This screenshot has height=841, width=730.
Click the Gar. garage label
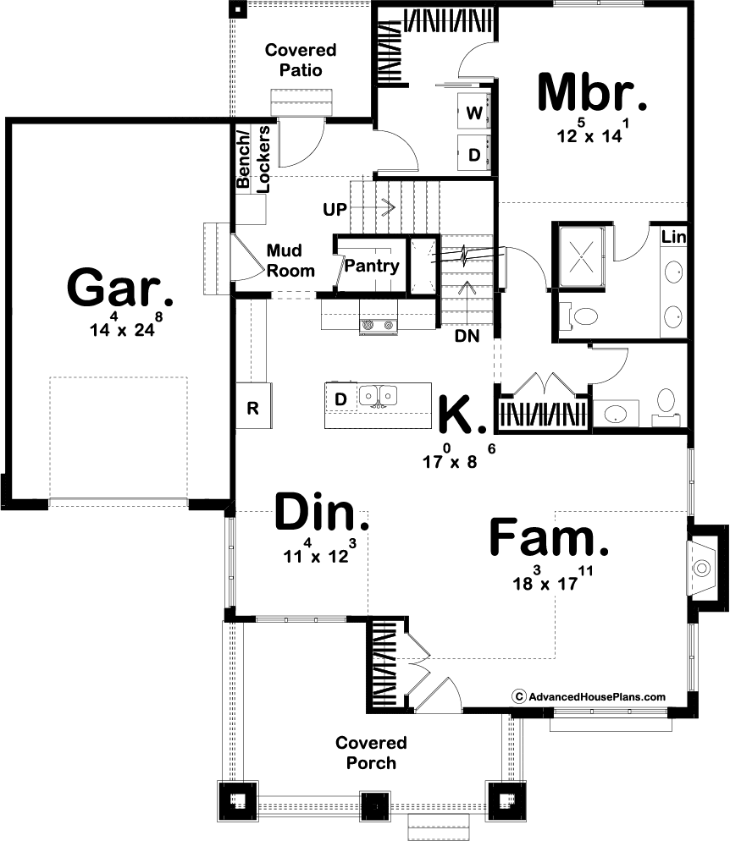coord(120,288)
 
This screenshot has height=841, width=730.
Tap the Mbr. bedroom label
coord(592,93)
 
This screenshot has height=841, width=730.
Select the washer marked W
coord(474,113)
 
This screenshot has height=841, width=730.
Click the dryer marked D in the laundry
coord(474,153)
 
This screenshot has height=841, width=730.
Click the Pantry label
coord(372,266)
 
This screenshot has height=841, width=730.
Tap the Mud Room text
coord(290,260)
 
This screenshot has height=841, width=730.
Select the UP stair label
coord(335,209)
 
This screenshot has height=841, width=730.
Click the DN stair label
coord(467,336)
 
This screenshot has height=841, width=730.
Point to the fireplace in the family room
coord(702,567)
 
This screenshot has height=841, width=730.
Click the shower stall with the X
coord(581,256)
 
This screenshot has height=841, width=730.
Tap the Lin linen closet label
coord(673,237)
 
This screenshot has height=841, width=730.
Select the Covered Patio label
coord(301,59)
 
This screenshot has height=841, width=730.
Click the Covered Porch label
coord(371,752)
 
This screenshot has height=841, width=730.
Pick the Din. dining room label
coord(322,512)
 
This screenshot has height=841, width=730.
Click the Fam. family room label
coord(550,537)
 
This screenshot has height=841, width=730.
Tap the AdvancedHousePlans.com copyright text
coord(589,696)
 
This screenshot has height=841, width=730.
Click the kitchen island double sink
coord(378,396)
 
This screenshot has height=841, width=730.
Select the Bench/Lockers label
coord(252,159)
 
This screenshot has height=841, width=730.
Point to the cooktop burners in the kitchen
coord(379,325)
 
